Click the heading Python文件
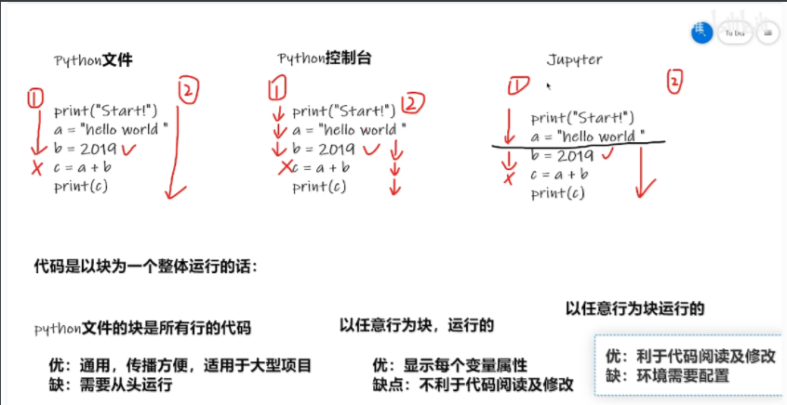[94, 61]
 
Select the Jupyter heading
[574, 59]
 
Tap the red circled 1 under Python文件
[35, 98]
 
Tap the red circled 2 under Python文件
[188, 90]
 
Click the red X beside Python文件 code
[36, 169]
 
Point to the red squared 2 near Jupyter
[675, 82]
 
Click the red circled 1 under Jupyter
[517, 86]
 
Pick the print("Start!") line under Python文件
[112, 111]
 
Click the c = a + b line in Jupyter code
[559, 174]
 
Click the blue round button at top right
[700, 32]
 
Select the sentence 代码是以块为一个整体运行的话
[144, 267]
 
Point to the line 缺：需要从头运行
[109, 384]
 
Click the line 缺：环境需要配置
[668, 376]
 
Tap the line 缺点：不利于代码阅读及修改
[473, 384]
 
